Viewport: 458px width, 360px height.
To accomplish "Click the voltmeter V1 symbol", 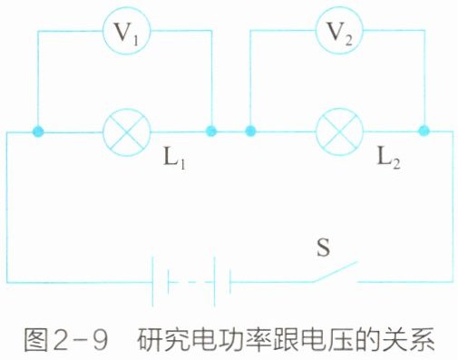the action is [126, 31].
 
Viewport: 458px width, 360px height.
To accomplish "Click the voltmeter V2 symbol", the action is [339, 30].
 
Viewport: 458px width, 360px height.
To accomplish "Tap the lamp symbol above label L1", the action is [126, 132].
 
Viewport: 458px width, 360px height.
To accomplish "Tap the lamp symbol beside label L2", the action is [339, 131].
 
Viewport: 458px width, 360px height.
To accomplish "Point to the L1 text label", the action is [174, 159].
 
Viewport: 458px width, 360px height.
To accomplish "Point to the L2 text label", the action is [388, 159].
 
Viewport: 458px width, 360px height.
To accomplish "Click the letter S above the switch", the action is [323, 248].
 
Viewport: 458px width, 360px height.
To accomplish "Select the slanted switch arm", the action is [335, 272].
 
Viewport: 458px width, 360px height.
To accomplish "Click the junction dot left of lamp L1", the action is [38, 131].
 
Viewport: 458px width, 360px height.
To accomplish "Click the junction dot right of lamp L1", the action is [211, 131].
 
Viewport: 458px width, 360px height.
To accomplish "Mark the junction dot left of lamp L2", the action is [250, 131].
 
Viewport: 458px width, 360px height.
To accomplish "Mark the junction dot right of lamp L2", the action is [424, 131].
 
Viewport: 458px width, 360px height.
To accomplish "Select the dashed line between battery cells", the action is [191, 282].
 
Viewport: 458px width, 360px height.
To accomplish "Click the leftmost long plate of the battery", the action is [152, 282].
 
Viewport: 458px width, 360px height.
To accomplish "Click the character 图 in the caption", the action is [35, 340].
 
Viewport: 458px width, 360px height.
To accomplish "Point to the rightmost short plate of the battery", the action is [230, 282].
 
